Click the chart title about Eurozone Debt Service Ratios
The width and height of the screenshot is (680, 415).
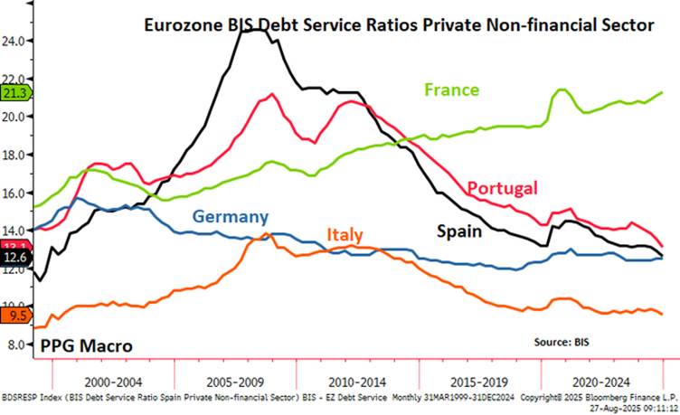coord(399,26)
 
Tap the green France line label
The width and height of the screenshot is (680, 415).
coord(452,90)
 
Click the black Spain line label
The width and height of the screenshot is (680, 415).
coord(458,231)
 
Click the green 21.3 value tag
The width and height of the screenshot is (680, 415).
coord(15,92)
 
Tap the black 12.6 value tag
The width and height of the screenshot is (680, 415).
coord(15,258)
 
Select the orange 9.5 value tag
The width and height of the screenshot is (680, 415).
coord(15,316)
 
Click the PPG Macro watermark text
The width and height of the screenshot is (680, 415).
coord(87,345)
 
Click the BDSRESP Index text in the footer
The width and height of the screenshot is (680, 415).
coord(27,397)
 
